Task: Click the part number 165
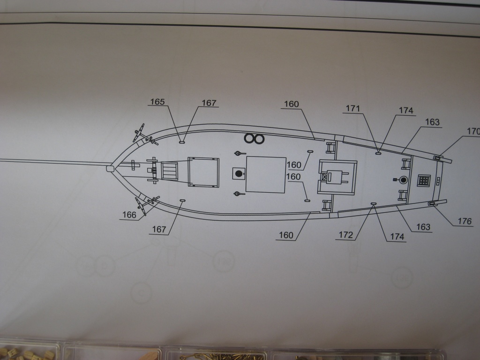coord(158,101)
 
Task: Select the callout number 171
coord(353,109)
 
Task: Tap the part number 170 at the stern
coord(472,131)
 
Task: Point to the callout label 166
coord(129,215)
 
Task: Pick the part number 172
coord(345,235)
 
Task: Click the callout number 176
coord(465,221)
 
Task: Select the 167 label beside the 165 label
coord(210,103)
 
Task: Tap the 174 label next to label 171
coord(406,111)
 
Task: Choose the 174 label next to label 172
coord(397,237)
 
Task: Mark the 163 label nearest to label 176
coord(423,227)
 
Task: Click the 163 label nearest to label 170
coord(432,122)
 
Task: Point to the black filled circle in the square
coord(239,174)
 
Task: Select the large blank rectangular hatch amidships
coord(266,174)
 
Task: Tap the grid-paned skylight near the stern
coord(424,180)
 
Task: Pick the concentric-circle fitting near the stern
coord(403,180)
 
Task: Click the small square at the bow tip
coord(110,169)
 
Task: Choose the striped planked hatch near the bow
coord(170,171)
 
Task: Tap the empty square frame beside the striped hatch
coord(203,172)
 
